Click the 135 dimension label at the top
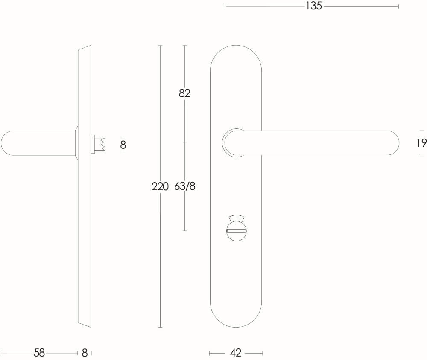(313, 6)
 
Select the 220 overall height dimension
(160, 186)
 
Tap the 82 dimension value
(184, 93)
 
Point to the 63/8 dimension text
(185, 186)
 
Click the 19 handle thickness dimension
(421, 143)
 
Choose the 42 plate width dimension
(236, 353)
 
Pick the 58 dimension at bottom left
(39, 353)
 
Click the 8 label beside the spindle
(123, 145)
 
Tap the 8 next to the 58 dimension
(85, 353)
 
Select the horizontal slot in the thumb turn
(236, 231)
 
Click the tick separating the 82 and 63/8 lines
(184, 143)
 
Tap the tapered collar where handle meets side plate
(76, 143)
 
